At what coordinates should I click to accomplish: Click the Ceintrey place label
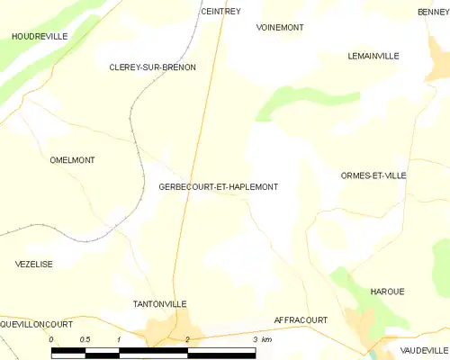pos(220,12)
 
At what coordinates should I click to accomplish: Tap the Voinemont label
pos(280,28)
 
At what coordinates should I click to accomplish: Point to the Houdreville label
pos(39,36)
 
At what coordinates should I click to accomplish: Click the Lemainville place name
pos(373,56)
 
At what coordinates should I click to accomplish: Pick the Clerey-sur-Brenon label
pos(152,67)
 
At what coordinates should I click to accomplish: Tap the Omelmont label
pos(73,160)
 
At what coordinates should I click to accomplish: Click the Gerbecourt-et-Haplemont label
pos(218,187)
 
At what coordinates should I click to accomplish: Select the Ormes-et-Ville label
pos(374,176)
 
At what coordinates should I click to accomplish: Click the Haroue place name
pos(387,292)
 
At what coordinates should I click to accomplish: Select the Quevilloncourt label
pos(37,321)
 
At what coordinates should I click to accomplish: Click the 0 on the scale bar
pos(51,339)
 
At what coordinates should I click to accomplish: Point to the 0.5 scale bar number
pos(84,339)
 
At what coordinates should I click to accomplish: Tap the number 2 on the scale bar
pos(187,339)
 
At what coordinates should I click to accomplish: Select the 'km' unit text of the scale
pos(266,339)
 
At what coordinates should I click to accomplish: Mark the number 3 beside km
pos(255,339)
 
